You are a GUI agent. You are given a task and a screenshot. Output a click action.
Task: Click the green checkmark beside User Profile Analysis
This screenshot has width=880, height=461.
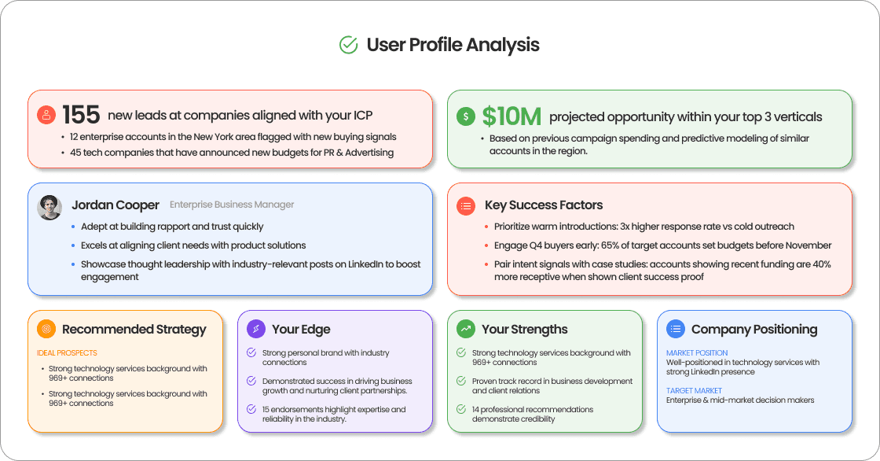click(x=348, y=45)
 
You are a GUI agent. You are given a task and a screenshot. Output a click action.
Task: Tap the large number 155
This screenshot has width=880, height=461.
click(x=81, y=116)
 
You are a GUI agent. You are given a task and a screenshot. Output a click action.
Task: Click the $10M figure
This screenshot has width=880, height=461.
click(x=511, y=116)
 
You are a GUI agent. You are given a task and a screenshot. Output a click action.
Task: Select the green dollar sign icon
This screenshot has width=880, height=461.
click(x=466, y=116)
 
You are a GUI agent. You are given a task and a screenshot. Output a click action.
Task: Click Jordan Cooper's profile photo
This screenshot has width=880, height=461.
click(x=49, y=207)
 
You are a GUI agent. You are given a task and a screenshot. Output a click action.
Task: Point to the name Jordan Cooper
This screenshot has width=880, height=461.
click(x=115, y=205)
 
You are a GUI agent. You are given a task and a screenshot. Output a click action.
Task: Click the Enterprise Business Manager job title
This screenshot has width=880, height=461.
click(x=232, y=205)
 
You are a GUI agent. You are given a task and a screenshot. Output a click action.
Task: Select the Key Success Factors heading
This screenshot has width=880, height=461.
click(x=544, y=205)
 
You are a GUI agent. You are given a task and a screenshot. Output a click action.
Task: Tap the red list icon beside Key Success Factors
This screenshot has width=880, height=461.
click(x=466, y=205)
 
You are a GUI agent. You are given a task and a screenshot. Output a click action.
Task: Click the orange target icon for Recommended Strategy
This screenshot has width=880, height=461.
click(x=46, y=329)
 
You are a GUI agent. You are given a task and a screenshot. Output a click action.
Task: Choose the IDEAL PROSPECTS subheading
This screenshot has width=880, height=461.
click(x=67, y=353)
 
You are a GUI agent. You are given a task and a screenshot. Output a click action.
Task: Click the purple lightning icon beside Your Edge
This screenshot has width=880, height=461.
click(x=256, y=329)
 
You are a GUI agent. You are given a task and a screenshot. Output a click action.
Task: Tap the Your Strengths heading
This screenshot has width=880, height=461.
click(x=524, y=329)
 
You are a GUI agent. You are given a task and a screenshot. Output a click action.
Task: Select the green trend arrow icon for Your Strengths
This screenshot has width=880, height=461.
click(x=466, y=329)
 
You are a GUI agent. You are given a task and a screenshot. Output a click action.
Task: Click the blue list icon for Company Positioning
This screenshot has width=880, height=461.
click(x=676, y=329)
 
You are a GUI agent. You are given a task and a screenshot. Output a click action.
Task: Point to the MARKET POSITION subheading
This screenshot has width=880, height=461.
click(x=697, y=353)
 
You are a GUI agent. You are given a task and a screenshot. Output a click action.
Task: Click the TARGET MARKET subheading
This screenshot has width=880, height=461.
click(x=694, y=391)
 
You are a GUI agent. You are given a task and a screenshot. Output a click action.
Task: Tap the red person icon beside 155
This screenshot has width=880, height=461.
click(x=46, y=115)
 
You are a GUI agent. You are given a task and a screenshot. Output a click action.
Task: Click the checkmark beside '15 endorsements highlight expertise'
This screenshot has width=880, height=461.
click(x=251, y=409)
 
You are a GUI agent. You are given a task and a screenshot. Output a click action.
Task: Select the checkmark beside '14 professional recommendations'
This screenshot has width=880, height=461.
click(x=461, y=409)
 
